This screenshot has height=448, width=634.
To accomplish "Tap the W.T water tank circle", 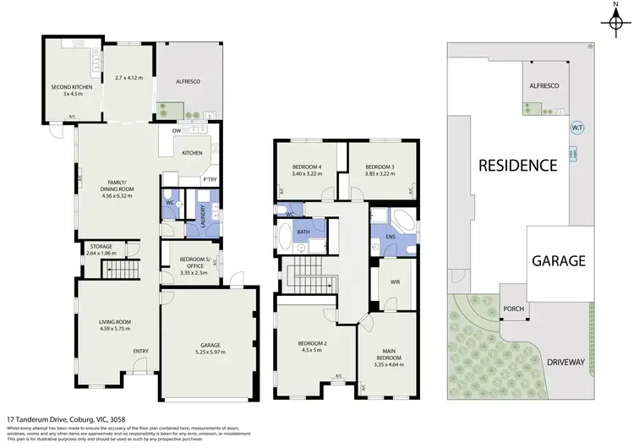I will (578, 128).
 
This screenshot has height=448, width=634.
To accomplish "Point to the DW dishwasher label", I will (177, 132).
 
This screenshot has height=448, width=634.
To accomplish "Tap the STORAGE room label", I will (99, 246).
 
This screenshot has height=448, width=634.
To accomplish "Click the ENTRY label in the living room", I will (140, 352).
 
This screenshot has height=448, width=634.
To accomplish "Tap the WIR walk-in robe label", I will (395, 281).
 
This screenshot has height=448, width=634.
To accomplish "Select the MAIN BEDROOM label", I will (389, 357).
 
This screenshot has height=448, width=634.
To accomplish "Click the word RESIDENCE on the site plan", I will (518, 165).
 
